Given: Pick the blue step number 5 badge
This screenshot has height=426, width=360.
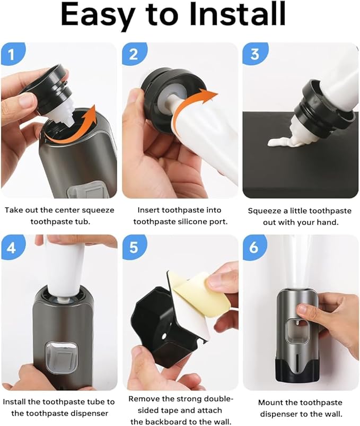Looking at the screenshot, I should [133, 247].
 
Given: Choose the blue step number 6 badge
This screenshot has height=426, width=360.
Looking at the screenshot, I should [254, 247].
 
